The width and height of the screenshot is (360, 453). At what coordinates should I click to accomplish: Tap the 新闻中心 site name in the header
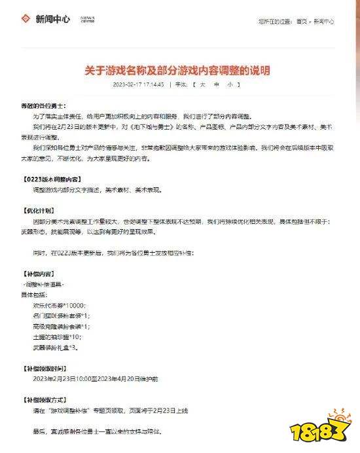[x=53, y=20]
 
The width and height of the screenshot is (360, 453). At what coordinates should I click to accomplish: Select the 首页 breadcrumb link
[x=301, y=22]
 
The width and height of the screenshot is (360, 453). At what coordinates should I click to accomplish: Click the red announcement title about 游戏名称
[x=178, y=69]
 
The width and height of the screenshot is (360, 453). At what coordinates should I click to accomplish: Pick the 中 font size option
[x=215, y=85]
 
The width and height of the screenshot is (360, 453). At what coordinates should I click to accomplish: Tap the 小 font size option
[x=230, y=85]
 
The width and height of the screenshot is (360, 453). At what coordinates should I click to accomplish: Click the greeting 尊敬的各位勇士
[x=42, y=106]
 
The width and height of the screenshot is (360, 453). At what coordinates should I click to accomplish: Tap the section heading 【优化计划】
[x=41, y=211]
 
